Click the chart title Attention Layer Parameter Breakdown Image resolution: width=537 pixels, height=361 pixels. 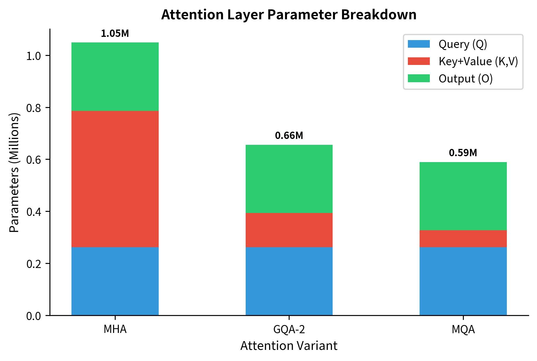click(289, 15)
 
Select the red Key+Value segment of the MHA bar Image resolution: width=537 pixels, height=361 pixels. click(115, 179)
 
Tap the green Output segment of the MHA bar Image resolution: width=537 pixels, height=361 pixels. click(115, 77)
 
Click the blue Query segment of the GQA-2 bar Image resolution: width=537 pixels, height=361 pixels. click(289, 281)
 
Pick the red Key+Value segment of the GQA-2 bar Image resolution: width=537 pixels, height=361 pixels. click(289, 230)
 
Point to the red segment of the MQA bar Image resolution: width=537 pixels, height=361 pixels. click(463, 239)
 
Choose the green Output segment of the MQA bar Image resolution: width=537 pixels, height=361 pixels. click(463, 196)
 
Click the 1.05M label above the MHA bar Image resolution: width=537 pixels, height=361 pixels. click(115, 34)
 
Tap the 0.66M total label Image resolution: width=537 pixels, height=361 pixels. click(289, 136)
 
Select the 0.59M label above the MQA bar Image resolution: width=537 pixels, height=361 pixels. click(463, 153)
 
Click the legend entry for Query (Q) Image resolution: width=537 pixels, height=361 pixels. click(463, 44)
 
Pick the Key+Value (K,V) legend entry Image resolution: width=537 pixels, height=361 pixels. click(478, 61)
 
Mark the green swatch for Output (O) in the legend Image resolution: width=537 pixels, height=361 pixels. click(419, 78)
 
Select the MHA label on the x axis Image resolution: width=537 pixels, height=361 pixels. click(115, 329)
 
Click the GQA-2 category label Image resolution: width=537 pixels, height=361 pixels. click(289, 329)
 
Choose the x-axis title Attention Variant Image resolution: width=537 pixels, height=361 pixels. click(289, 346)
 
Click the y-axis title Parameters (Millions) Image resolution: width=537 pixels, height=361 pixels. click(14, 173)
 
